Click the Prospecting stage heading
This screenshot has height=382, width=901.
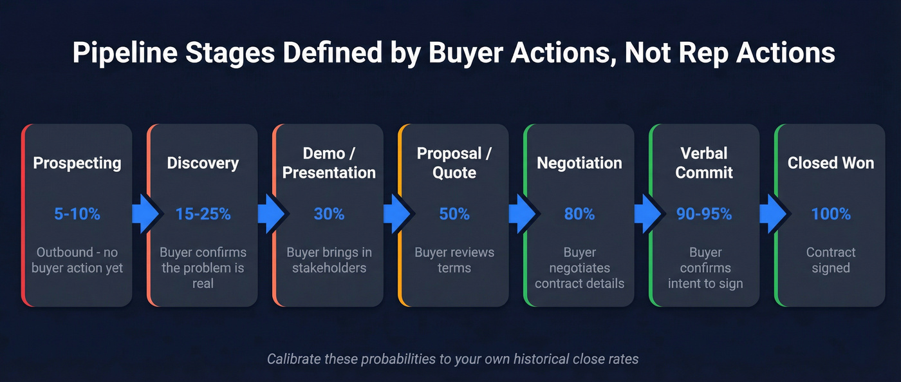(x=77, y=163)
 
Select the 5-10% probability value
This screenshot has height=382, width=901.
(x=77, y=214)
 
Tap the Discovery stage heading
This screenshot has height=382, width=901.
(x=203, y=163)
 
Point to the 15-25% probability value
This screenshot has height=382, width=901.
(x=203, y=214)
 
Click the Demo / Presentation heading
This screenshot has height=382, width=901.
(x=329, y=163)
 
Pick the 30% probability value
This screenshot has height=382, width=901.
(x=329, y=214)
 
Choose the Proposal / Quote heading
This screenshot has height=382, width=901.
(x=454, y=163)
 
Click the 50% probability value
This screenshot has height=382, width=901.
(x=454, y=214)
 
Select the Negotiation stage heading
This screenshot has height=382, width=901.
(x=579, y=163)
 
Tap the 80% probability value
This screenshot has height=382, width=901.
(x=579, y=214)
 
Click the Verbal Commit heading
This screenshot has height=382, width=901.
(x=704, y=163)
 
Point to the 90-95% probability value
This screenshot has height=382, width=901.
(x=704, y=214)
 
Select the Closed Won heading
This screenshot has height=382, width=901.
(x=831, y=163)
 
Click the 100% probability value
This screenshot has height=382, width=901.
(x=831, y=214)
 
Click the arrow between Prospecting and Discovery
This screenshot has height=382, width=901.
(x=144, y=214)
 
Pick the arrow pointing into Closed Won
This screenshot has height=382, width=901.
(x=772, y=214)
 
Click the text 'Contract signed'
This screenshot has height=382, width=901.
(x=831, y=260)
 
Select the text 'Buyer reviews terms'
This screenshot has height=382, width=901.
(x=454, y=260)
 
